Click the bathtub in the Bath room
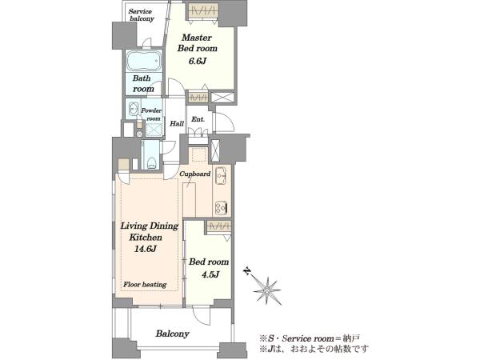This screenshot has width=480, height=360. (x=143, y=61)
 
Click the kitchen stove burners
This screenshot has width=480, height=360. (x=221, y=208)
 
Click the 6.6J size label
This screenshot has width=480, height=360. (x=197, y=61)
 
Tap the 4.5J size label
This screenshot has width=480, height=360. (x=210, y=274)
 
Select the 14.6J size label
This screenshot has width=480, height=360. (x=146, y=249)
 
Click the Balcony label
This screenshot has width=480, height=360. (x=172, y=334)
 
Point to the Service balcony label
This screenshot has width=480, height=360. (x=142, y=15)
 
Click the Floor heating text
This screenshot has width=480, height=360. (x=145, y=285)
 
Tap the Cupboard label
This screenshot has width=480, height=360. (x=194, y=174)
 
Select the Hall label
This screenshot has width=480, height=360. (x=177, y=124)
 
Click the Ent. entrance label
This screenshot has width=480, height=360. (x=198, y=119)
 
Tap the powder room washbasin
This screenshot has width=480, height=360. (x=133, y=108)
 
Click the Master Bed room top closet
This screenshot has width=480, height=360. (x=203, y=10)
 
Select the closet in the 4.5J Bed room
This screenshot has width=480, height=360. (x=218, y=227)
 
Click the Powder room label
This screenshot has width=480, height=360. (x=151, y=114)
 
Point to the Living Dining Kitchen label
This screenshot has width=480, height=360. (x=150, y=231)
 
